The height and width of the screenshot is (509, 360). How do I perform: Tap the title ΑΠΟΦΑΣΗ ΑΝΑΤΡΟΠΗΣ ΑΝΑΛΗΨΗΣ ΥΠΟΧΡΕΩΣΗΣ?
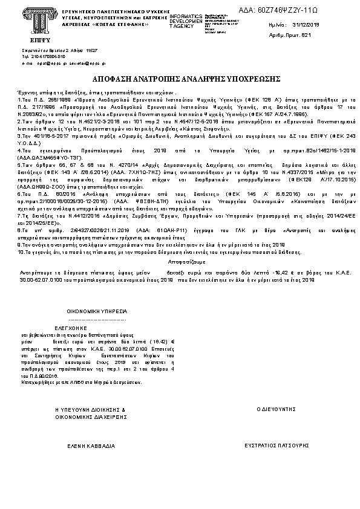coord(179,79)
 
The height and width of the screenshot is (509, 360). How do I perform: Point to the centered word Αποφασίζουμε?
coord(180,264)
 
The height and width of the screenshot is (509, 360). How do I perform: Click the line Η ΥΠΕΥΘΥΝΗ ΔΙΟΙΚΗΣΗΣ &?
coord(90,409)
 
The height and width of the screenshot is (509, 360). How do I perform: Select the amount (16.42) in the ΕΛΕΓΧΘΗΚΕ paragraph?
coord(159,342)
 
